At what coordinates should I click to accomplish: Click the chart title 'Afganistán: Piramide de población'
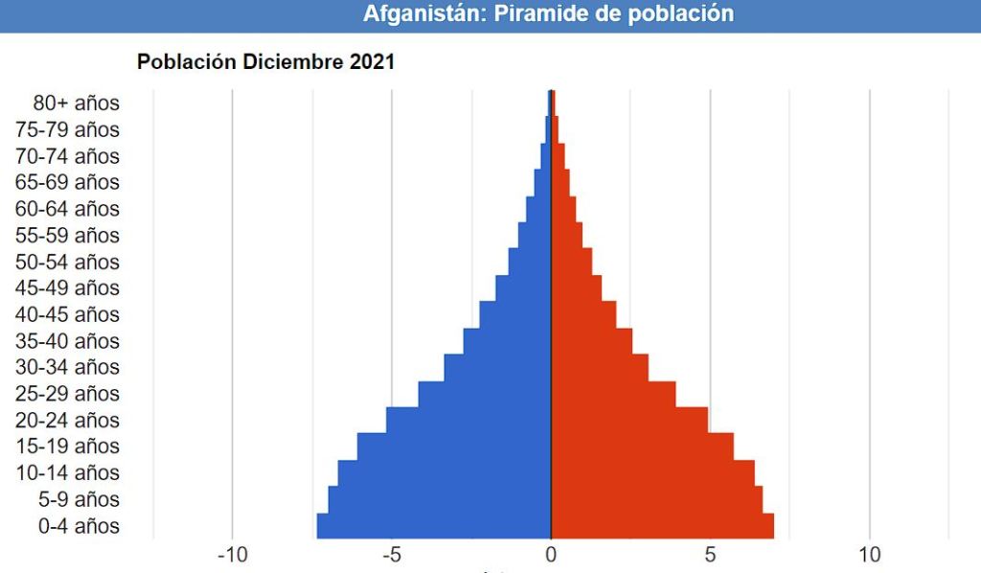click(x=548, y=14)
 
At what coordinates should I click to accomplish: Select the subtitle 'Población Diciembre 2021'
click(x=266, y=62)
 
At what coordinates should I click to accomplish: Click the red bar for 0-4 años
click(x=662, y=526)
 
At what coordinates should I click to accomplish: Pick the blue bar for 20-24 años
click(x=468, y=420)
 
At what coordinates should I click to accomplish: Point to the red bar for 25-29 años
click(x=613, y=394)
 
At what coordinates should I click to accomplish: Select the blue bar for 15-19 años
click(x=454, y=447)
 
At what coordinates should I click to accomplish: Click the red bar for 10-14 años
click(x=652, y=473)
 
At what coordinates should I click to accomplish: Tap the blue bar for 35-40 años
click(x=507, y=341)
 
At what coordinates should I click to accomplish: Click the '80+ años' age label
click(x=77, y=103)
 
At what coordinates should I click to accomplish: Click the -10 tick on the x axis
click(x=232, y=555)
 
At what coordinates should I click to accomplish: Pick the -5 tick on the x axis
click(x=392, y=555)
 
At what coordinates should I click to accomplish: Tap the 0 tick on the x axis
click(x=551, y=555)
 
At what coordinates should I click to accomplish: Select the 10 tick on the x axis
click(x=869, y=555)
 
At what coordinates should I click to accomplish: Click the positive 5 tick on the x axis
click(x=710, y=555)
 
